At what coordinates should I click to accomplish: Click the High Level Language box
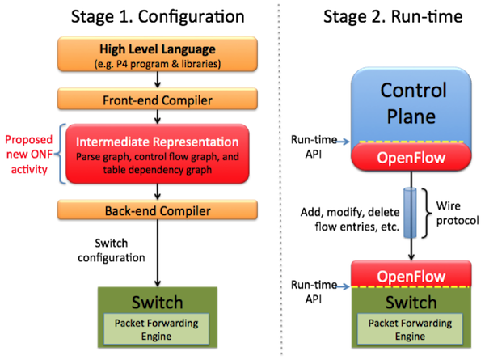click(158, 54)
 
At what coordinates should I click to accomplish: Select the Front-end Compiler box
click(158, 99)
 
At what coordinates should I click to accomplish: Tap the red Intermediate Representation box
click(158, 154)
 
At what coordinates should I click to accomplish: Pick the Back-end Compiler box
click(158, 210)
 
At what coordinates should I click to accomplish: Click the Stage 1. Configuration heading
click(158, 17)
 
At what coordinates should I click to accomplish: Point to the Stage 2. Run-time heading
click(393, 17)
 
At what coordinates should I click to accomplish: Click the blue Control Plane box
click(411, 105)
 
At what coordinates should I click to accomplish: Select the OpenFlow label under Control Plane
click(411, 157)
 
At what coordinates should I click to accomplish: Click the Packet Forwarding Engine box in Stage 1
click(157, 329)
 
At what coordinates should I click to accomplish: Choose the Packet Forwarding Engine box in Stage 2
click(410, 329)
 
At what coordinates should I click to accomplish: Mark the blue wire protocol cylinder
click(410, 213)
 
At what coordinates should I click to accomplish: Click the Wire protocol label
click(458, 213)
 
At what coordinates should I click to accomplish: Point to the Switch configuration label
click(112, 250)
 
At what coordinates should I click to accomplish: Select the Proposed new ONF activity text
click(29, 155)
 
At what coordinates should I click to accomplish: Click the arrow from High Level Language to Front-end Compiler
click(158, 80)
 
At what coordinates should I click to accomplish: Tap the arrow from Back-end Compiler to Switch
click(158, 253)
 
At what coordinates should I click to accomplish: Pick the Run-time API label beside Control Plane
click(314, 146)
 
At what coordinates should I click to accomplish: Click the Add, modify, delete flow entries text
click(350, 219)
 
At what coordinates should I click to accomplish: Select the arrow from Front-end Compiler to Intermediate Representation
click(158, 116)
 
